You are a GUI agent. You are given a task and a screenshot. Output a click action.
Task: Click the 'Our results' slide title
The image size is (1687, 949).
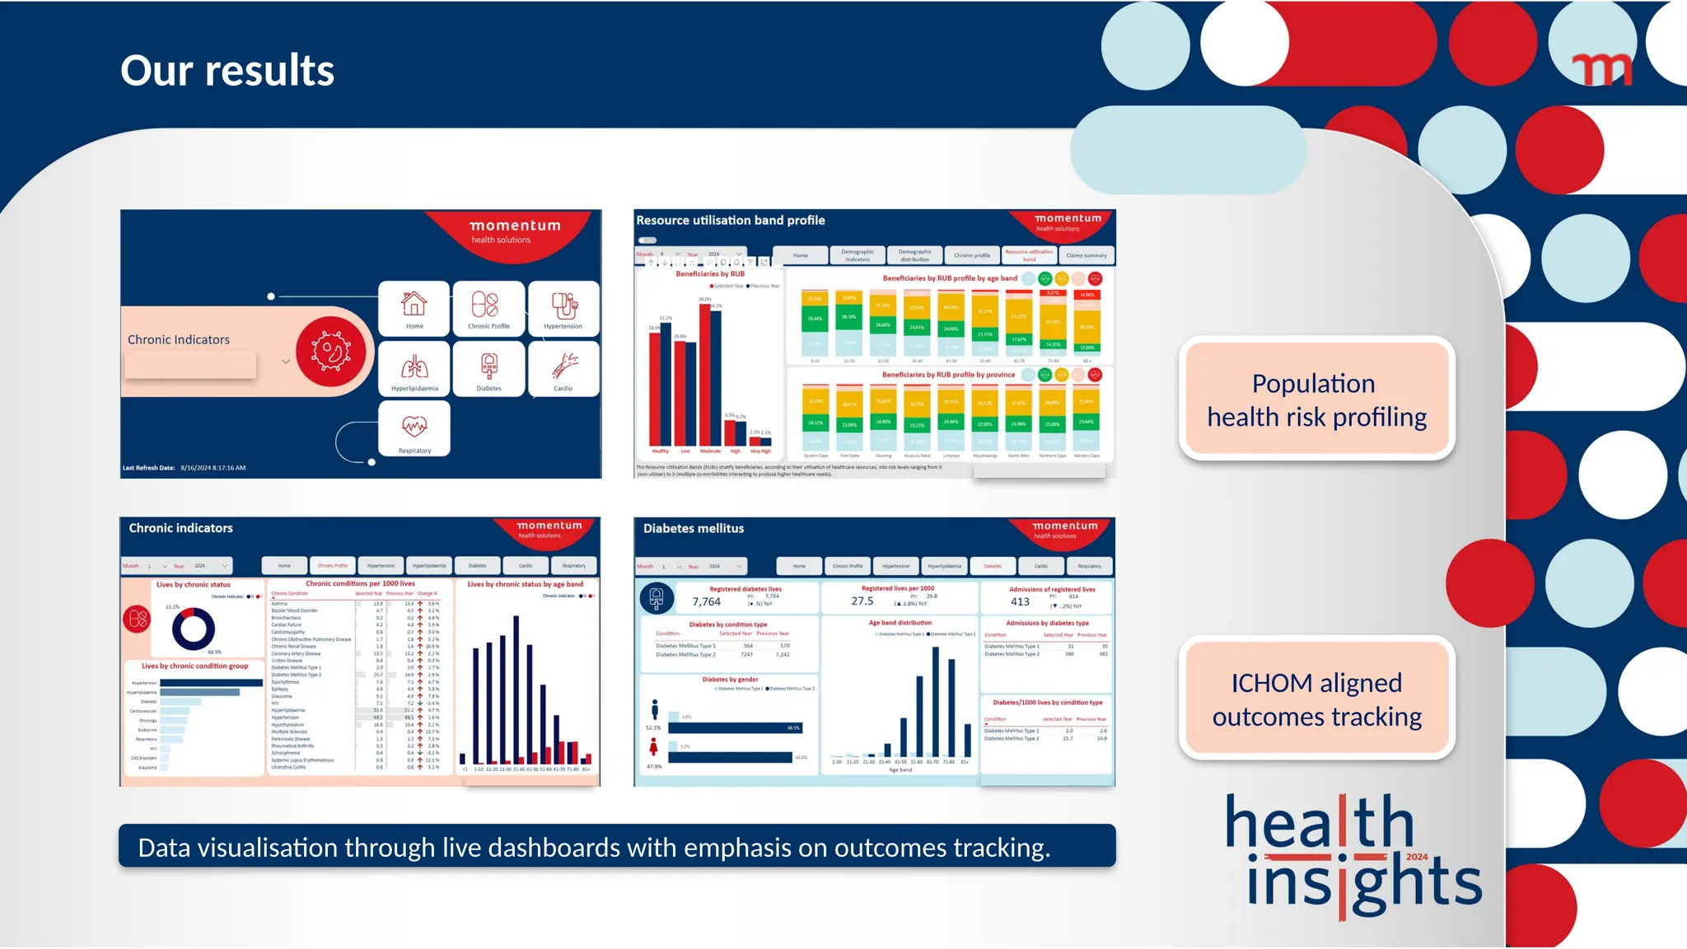tap(227, 71)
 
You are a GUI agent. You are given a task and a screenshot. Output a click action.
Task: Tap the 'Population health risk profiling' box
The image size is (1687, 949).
tap(1316, 400)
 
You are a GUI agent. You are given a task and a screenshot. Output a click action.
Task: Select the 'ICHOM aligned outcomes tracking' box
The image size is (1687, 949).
tap(1316, 699)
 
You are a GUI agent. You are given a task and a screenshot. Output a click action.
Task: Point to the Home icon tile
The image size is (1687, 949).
tap(414, 308)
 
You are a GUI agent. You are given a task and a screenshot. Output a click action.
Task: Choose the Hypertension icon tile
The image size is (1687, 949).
tap(563, 308)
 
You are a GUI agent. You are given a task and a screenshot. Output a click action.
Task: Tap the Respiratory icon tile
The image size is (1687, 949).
tap(414, 428)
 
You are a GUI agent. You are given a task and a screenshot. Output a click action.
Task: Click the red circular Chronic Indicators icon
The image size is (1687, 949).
tap(331, 352)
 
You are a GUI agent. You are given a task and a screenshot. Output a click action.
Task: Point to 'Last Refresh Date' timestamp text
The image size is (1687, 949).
tap(185, 468)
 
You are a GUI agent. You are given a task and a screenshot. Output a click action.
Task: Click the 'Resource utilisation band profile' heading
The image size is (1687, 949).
tap(730, 221)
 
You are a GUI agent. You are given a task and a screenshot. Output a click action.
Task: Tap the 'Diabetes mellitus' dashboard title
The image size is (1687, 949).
tap(694, 529)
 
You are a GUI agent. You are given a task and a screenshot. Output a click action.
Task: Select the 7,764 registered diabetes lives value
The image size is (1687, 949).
tap(706, 602)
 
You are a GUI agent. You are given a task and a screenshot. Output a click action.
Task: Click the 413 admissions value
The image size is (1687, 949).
tap(1020, 602)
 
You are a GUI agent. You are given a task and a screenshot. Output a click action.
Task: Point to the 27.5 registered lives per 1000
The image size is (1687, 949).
tap(862, 601)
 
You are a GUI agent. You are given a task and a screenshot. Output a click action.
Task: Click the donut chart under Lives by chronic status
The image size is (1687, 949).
tap(194, 629)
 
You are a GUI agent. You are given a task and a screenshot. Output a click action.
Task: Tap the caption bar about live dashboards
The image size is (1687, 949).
tap(617, 847)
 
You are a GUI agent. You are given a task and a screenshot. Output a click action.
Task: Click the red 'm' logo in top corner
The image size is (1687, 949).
tap(1601, 70)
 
